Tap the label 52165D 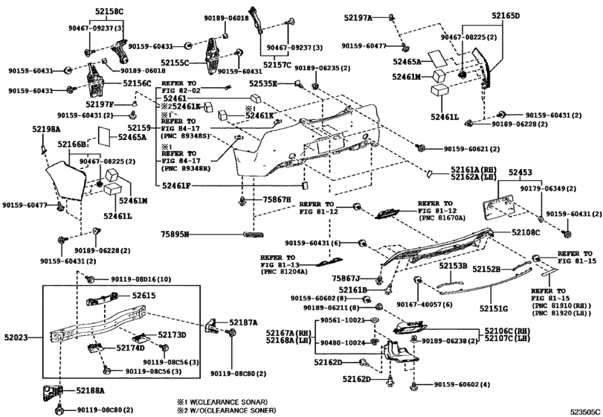(506, 16)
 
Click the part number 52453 (520, 172)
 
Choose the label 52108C (526, 233)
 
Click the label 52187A (244, 322)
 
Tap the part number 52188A (91, 389)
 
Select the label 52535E (262, 84)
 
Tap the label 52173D (172, 335)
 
